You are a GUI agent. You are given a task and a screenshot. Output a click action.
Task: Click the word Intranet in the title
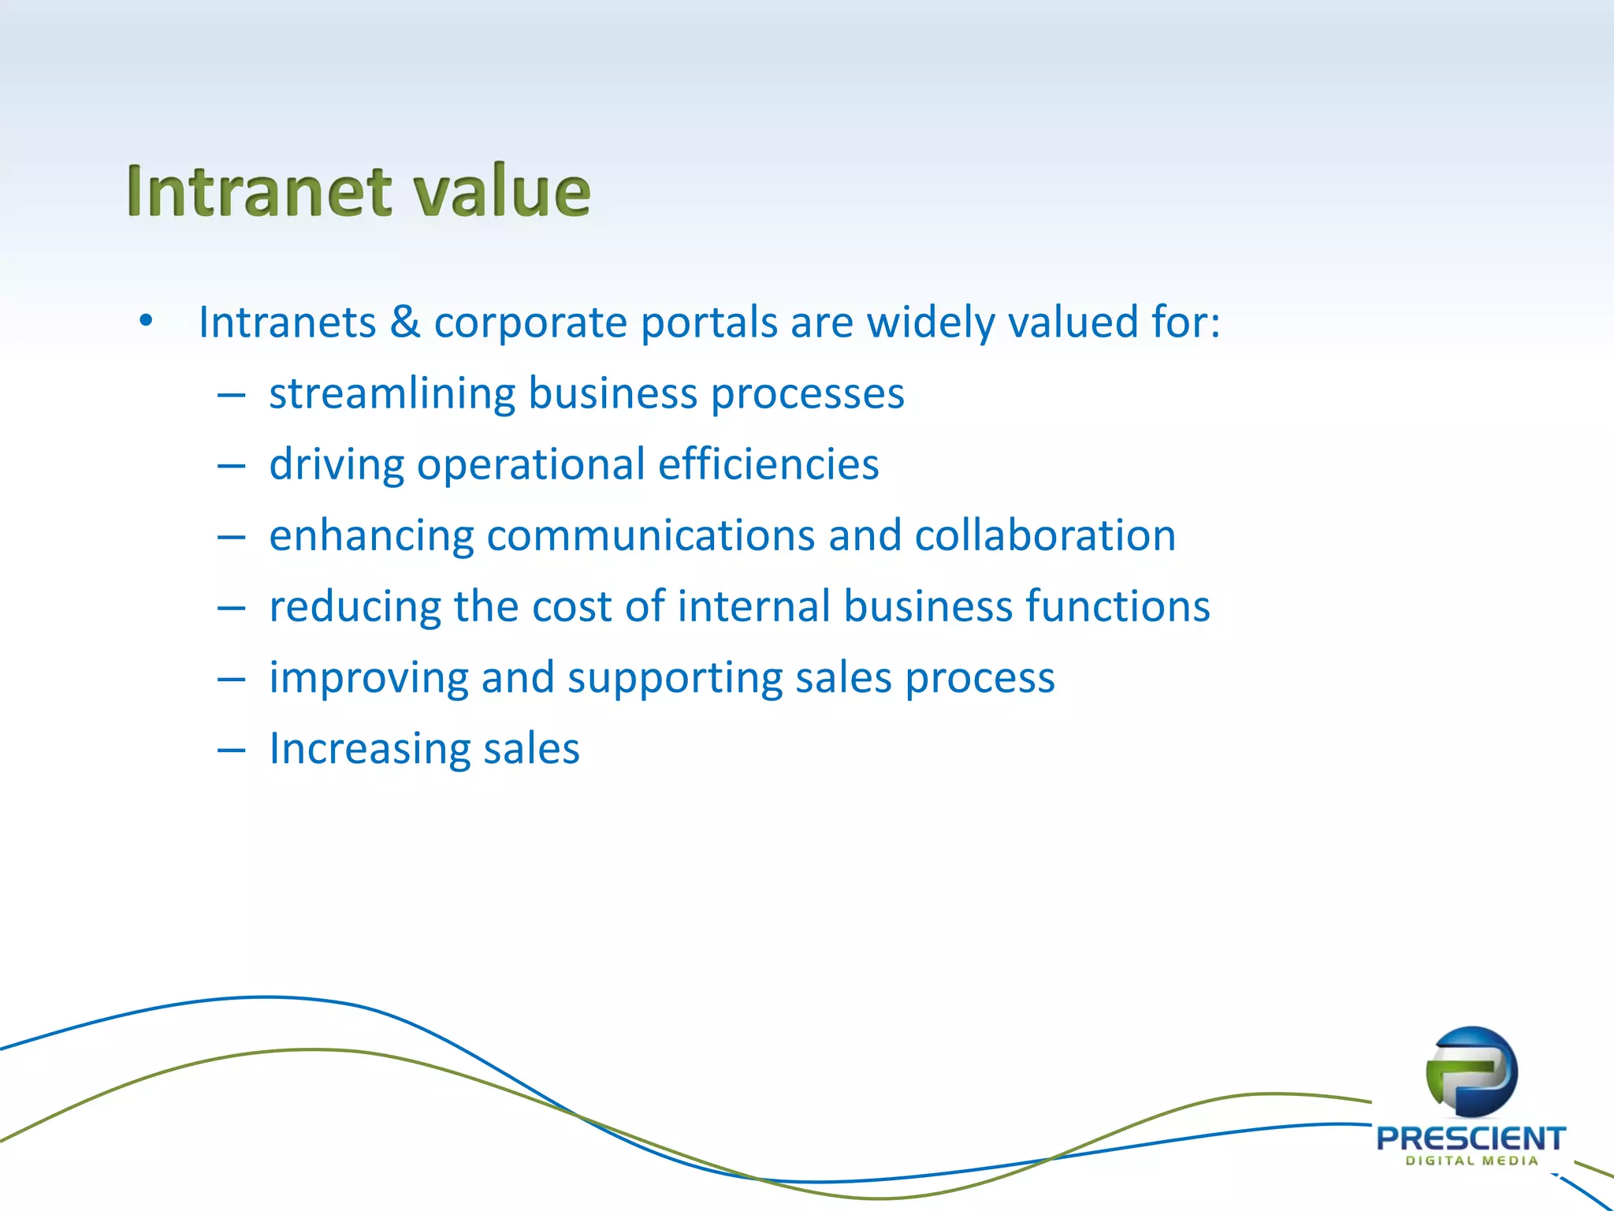[258, 192]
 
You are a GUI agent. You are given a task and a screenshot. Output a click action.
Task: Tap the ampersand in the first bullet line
[404, 322]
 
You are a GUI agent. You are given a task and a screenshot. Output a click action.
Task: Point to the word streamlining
[392, 394]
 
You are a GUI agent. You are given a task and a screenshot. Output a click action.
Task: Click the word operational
[530, 465]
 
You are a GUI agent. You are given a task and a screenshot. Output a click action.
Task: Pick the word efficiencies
[768, 464]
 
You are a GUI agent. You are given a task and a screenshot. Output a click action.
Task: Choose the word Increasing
[370, 749]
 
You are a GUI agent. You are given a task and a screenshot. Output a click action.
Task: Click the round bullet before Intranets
[145, 322]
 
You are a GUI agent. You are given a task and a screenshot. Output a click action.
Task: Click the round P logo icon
[1471, 1071]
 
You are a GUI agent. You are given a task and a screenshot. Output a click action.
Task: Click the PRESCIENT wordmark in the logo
[1471, 1138]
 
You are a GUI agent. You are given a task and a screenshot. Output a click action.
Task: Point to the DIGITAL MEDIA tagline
[1471, 1161]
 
